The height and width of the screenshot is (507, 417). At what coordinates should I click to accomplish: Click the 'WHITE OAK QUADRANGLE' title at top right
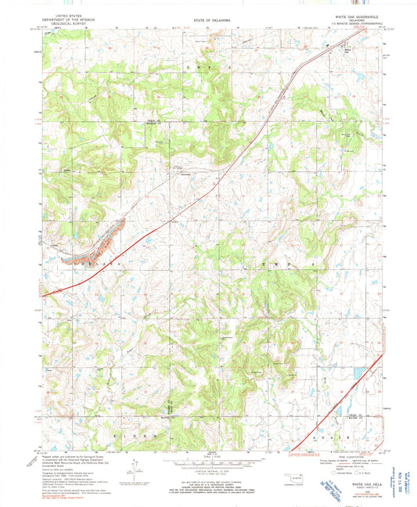[337, 16]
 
